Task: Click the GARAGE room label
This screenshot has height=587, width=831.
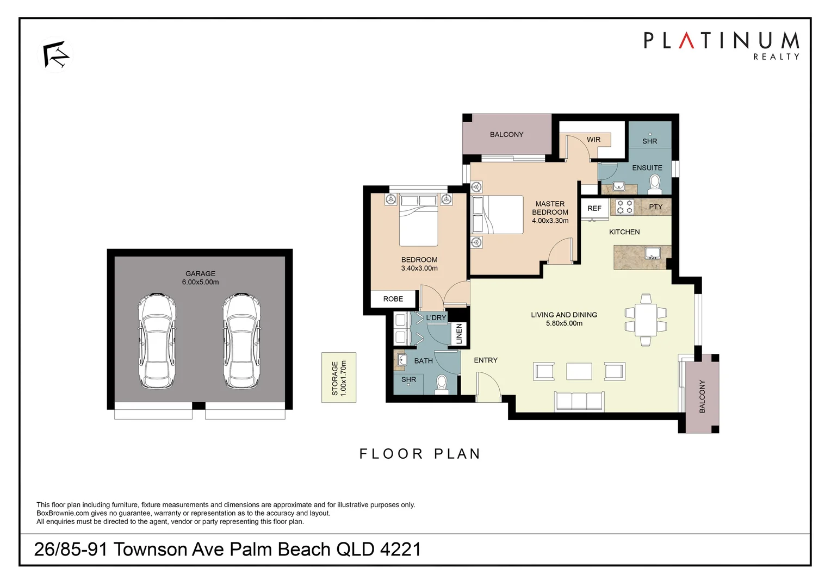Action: point(200,274)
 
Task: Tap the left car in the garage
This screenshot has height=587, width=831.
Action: point(157,341)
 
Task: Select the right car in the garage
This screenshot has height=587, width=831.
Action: point(241,341)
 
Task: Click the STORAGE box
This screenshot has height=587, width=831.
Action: point(339,378)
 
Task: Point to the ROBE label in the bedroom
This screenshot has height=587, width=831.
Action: point(393,299)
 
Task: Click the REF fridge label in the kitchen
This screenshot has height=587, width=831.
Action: point(594,208)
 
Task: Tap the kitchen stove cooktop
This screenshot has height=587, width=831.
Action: point(625,207)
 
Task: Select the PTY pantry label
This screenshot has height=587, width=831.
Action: point(656,207)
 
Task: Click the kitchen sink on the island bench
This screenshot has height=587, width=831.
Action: point(652,253)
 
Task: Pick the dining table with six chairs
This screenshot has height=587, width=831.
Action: point(646,320)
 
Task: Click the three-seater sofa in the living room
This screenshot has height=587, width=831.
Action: point(579,401)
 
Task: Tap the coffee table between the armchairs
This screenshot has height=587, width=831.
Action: point(579,371)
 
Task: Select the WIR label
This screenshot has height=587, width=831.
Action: point(593,140)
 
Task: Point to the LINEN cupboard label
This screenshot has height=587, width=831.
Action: point(459,333)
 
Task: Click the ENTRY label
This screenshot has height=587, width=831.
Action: point(486,360)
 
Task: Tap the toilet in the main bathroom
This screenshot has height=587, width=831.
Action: point(442,385)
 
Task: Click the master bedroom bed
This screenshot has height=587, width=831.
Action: point(503,215)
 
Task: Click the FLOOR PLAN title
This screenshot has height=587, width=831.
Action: point(420,454)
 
